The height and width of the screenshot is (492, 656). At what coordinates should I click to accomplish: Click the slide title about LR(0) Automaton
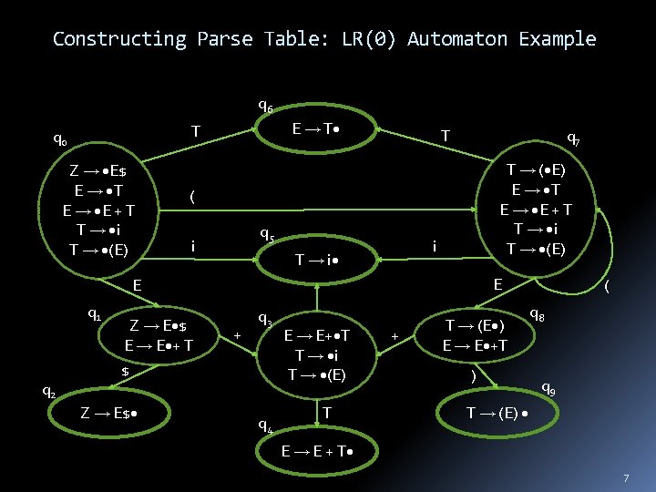click(324, 39)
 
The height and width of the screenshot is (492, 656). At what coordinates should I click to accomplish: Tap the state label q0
click(59, 141)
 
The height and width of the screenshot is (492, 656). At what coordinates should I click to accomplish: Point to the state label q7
click(574, 139)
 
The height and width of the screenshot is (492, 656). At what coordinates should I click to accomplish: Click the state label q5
click(267, 234)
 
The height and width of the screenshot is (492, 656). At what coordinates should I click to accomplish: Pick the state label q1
click(94, 314)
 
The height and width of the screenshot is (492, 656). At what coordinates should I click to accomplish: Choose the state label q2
click(49, 393)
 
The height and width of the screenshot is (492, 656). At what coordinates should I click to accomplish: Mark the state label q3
click(265, 320)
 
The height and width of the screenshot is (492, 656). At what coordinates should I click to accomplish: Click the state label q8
click(538, 315)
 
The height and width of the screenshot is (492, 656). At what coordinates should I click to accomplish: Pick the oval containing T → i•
click(319, 260)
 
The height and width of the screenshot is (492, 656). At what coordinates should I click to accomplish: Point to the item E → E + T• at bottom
click(317, 450)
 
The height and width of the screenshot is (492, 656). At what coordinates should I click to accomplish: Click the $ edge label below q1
click(126, 372)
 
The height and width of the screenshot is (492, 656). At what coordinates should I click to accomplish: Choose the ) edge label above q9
click(473, 375)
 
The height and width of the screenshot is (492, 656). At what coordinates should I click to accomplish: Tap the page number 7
click(626, 477)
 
